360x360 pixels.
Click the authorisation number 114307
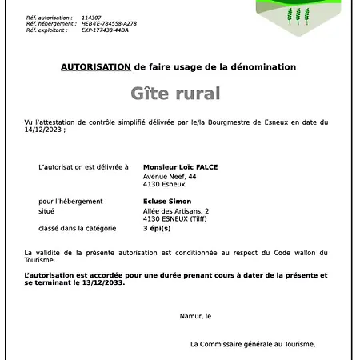(91, 18)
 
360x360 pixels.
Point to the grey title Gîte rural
(174, 94)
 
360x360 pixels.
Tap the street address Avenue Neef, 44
(169, 176)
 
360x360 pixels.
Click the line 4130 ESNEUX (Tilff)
(176, 218)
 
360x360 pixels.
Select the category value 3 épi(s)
(157, 228)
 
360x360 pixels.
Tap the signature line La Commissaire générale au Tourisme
(253, 344)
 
